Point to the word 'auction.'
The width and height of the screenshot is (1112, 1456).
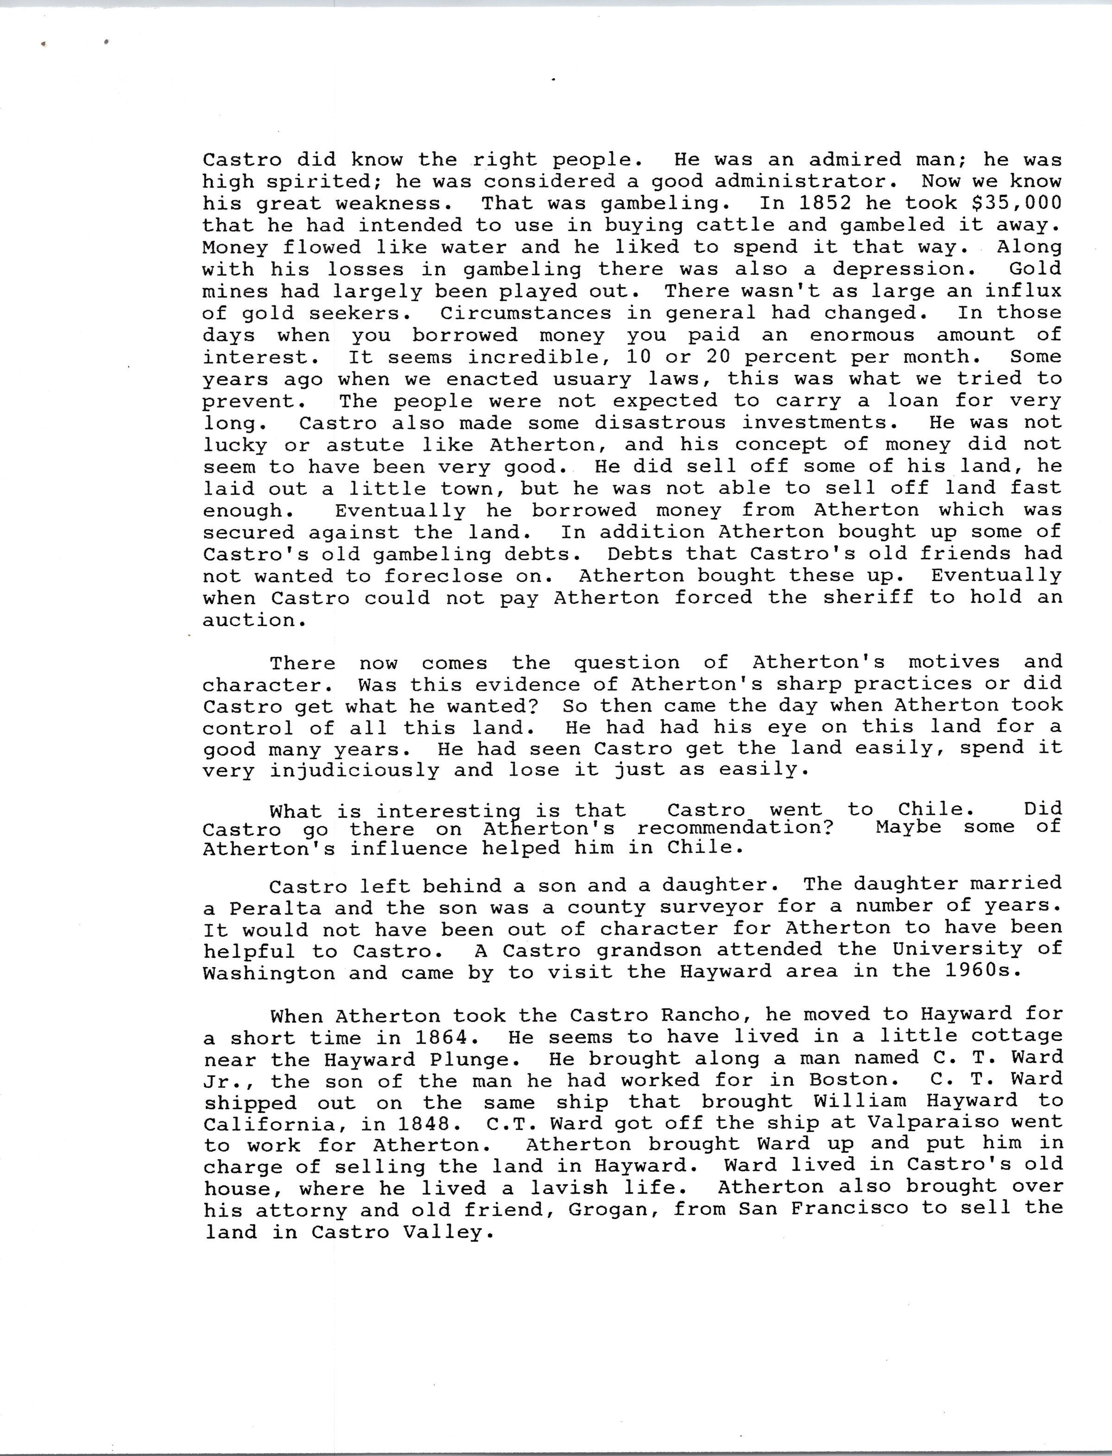(248, 620)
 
